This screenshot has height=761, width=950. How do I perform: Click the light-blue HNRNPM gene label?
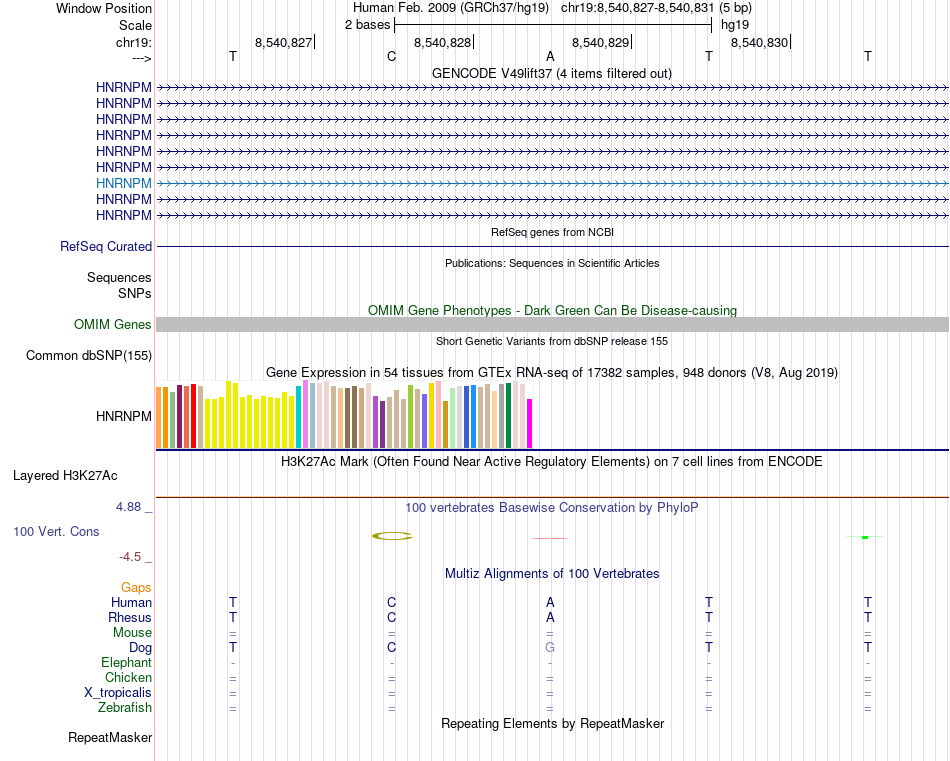(124, 183)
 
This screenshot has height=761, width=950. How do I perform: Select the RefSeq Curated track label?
(106, 246)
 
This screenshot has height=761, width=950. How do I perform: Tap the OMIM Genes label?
(113, 324)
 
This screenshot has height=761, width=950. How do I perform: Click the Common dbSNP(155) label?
(89, 355)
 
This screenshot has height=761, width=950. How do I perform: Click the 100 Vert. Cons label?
(56, 531)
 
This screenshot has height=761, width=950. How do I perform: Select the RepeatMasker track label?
(110, 738)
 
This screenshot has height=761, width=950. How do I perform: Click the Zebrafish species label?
(125, 708)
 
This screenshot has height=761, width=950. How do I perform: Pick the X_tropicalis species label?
(118, 693)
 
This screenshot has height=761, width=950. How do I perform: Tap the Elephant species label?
(126, 662)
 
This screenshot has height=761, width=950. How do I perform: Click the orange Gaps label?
(136, 587)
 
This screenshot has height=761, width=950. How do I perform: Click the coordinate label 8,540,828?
(442, 42)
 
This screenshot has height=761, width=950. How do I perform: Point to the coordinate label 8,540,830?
(760, 42)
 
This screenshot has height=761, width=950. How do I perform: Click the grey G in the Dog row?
(550, 647)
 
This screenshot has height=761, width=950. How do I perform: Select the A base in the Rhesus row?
(550, 617)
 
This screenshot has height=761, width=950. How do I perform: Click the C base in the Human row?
(392, 602)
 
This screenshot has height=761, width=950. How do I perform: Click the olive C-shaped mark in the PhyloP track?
(392, 536)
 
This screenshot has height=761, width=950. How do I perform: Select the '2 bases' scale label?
(367, 24)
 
